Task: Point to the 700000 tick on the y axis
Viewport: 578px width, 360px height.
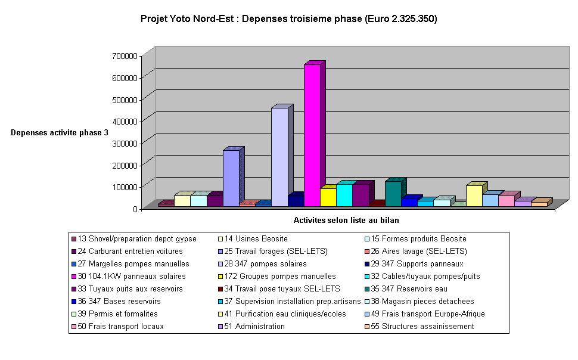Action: pos(125,55)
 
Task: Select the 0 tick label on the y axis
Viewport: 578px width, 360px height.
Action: pos(135,209)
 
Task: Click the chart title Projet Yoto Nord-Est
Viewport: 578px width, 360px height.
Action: pos(289,19)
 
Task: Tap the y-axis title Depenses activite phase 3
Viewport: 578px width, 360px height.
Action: pos(60,132)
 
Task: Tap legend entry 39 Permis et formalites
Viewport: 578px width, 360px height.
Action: pos(118,314)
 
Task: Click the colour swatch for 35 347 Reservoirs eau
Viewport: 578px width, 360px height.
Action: pos(367,289)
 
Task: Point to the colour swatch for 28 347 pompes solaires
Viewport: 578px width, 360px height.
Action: pos(220,264)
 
